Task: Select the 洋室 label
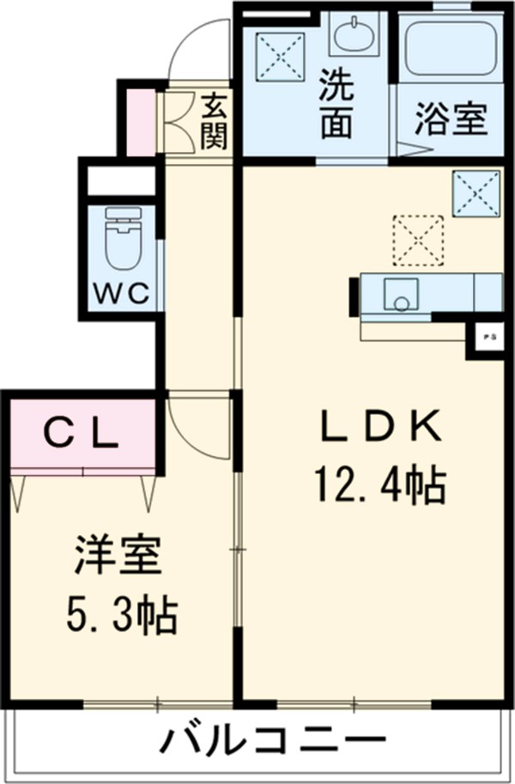point(117,556)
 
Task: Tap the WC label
point(121,293)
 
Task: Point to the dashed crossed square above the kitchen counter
point(418,238)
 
